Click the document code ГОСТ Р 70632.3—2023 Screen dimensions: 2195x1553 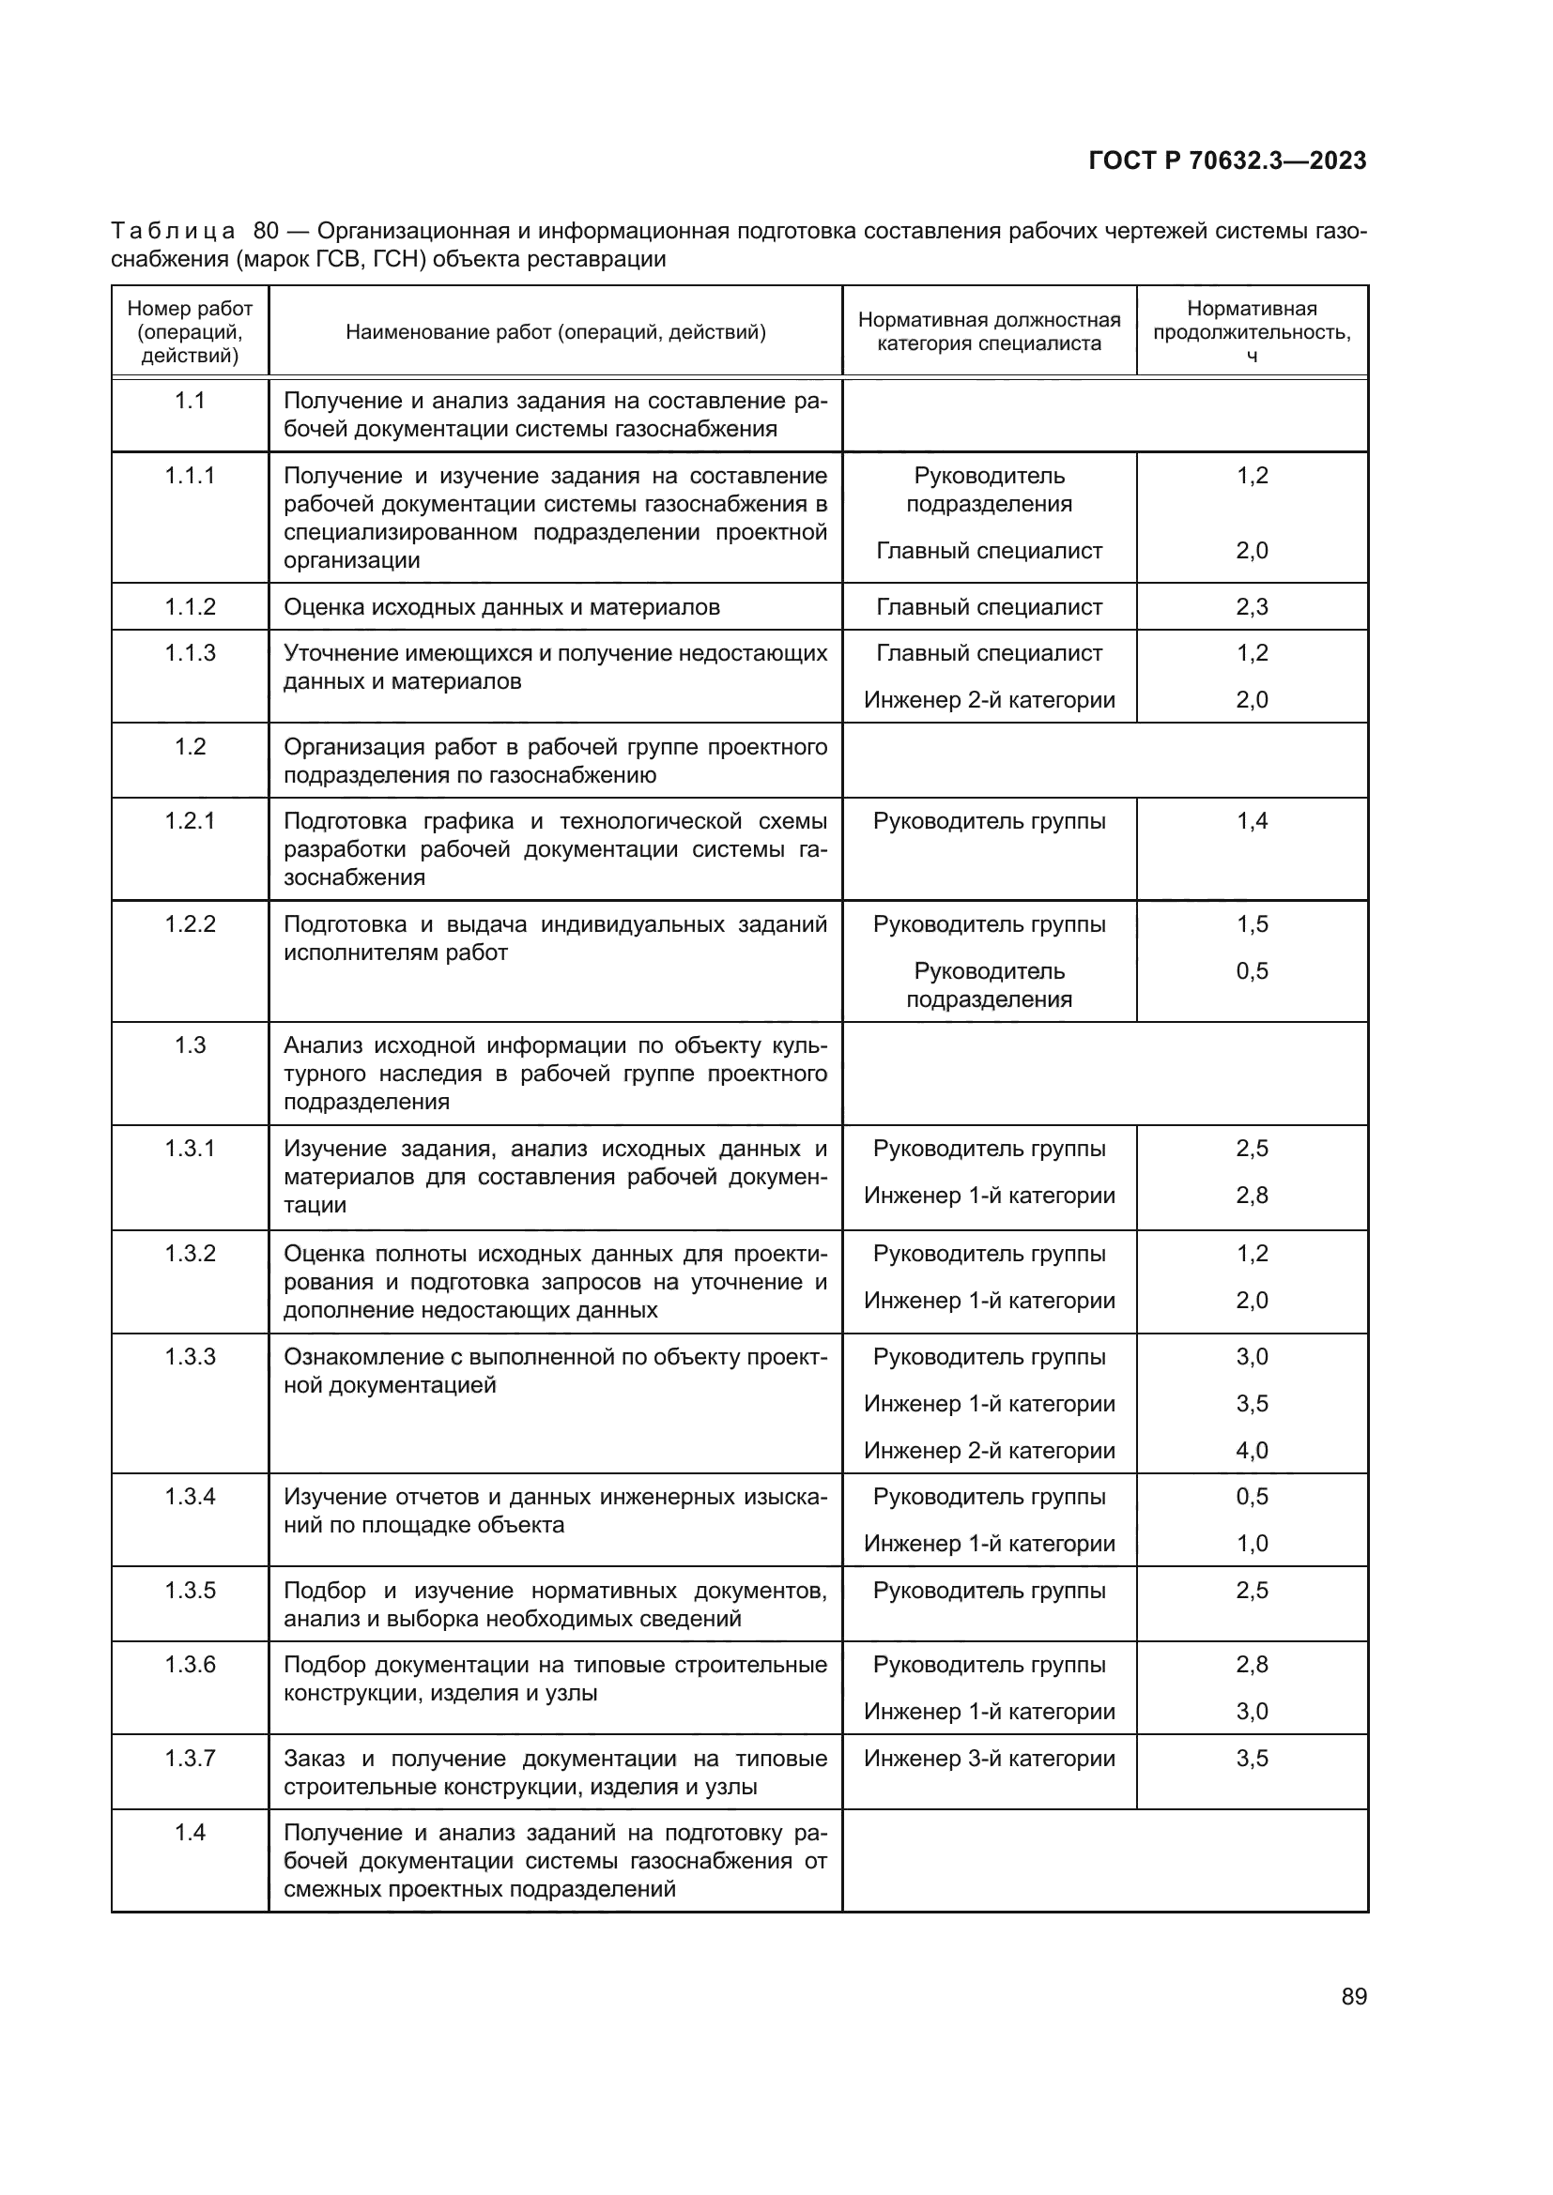click(1227, 160)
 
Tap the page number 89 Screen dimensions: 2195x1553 click(1353, 1996)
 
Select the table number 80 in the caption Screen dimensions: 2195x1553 click(266, 232)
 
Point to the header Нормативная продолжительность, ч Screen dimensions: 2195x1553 click(1251, 331)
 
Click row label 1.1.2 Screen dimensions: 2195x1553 click(190, 607)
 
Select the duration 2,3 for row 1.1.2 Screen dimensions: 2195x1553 click(1251, 607)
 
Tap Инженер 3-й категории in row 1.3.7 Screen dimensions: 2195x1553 click(989, 1758)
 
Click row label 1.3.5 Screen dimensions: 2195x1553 click(190, 1591)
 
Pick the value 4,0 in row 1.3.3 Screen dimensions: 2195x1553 click(1251, 1450)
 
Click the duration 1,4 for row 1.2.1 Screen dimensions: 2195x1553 click(1251, 821)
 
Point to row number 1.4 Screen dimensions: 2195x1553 click(190, 1833)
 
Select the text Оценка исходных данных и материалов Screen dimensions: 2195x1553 click(501, 607)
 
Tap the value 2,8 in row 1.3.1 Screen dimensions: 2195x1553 click(1251, 1195)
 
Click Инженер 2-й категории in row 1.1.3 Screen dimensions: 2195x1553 click(989, 700)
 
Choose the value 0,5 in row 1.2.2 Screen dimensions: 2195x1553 click(1251, 971)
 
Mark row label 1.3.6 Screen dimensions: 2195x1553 click(190, 1665)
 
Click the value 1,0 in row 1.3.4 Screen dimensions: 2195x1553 click(1251, 1543)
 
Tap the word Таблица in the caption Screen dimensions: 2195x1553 click(172, 232)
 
